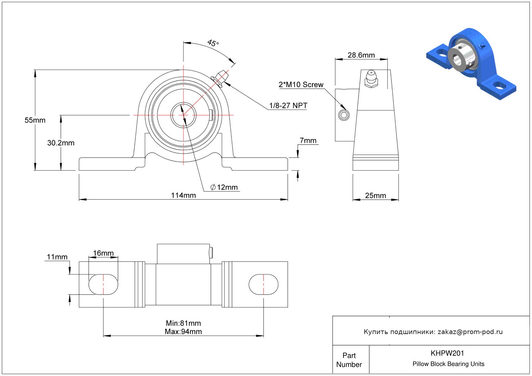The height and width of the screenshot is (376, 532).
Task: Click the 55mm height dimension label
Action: coord(35,120)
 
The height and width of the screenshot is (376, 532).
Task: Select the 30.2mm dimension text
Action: coord(61,143)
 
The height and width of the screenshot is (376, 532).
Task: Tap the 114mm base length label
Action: coord(183,195)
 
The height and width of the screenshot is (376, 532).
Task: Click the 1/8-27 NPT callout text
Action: coord(288,106)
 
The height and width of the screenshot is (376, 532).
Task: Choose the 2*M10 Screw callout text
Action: coord(301,85)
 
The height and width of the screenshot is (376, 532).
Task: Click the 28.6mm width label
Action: coord(361,55)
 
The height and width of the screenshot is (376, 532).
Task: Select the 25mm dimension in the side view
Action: coord(375,196)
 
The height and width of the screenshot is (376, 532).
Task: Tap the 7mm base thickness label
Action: coord(308,140)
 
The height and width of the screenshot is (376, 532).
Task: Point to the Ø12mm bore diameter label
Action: coord(224,187)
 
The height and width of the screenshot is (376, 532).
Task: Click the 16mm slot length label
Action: coord(103,253)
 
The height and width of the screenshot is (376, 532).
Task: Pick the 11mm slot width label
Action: coord(57,257)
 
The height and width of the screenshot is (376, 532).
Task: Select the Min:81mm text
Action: coord(183,323)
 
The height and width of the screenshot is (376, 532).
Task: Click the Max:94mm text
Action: coord(183,331)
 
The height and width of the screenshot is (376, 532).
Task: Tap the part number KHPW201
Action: coord(447,353)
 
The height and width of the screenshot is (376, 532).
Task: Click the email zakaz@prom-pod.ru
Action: coord(470,332)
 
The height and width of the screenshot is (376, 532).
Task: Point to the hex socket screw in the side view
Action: coord(344,115)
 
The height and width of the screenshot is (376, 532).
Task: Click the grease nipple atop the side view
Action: coord(371,79)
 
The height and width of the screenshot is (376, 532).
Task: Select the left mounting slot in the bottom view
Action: coord(103,284)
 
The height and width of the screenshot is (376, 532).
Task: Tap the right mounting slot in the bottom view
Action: coord(263,284)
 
